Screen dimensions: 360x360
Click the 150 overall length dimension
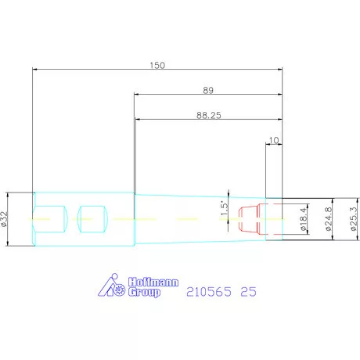coord(157,65)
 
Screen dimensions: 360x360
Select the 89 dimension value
coord(208,90)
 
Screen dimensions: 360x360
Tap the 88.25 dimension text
coord(209,115)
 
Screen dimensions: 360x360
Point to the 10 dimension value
coord(274,141)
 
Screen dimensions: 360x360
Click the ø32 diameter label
coord(5,219)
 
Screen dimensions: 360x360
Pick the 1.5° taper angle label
coord(225,208)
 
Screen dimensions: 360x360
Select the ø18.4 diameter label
coord(303,219)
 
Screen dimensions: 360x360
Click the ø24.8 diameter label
coord(329,219)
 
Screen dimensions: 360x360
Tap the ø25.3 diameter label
coord(354,219)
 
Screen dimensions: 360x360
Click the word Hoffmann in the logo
coord(153,282)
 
